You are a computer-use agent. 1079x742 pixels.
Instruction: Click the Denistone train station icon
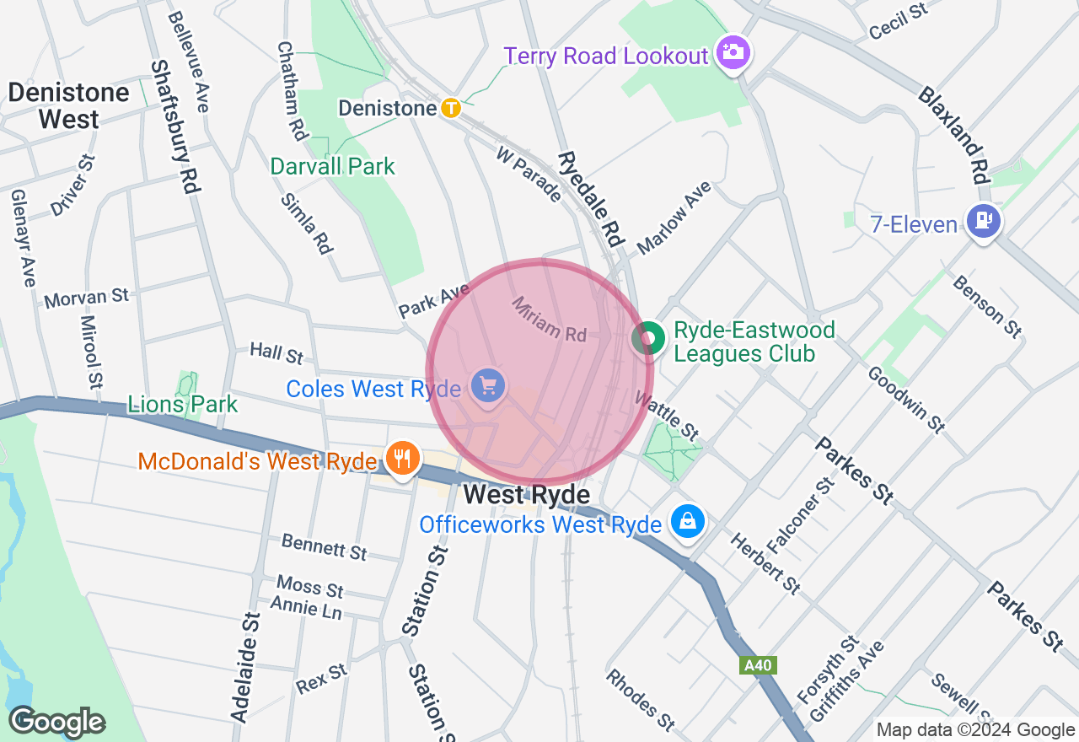[x=452, y=108]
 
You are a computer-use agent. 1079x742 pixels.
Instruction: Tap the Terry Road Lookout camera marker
[x=733, y=52]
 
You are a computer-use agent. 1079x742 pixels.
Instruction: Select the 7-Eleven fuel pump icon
[x=984, y=222]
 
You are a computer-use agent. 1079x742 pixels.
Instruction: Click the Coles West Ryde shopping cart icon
[x=488, y=386]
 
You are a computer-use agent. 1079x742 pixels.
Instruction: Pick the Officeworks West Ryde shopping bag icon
[x=688, y=522]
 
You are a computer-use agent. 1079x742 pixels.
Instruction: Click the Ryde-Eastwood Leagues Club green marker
[x=648, y=339]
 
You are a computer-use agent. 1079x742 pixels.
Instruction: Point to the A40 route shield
[x=757, y=665]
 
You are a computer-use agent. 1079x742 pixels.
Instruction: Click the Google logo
[x=56, y=722]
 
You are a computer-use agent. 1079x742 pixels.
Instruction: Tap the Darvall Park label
[x=332, y=166]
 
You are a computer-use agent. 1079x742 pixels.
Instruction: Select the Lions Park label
[x=183, y=405]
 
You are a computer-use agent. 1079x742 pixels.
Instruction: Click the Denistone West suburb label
[x=69, y=105]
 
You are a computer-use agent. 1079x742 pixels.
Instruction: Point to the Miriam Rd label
[x=549, y=319]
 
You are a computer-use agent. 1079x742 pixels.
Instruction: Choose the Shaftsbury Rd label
[x=174, y=126]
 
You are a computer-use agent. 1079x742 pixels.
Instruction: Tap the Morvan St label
[x=86, y=298]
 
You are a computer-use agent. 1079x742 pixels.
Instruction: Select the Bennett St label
[x=325, y=546]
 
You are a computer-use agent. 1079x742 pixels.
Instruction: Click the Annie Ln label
[x=306, y=606]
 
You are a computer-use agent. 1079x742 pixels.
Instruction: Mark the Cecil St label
[x=898, y=22]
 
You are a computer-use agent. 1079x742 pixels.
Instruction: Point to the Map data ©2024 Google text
[x=975, y=730]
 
